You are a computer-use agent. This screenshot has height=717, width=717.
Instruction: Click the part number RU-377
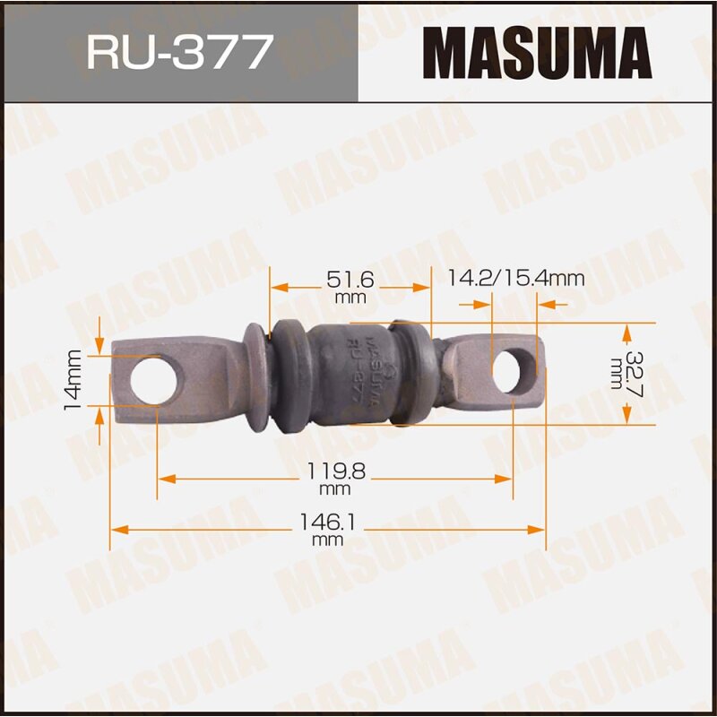coord(178,52)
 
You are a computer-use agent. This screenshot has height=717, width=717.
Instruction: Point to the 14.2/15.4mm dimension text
coord(515,279)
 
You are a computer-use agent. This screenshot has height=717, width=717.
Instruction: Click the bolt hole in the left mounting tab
coord(156,378)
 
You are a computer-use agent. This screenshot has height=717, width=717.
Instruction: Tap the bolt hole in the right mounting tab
coord(513,370)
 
